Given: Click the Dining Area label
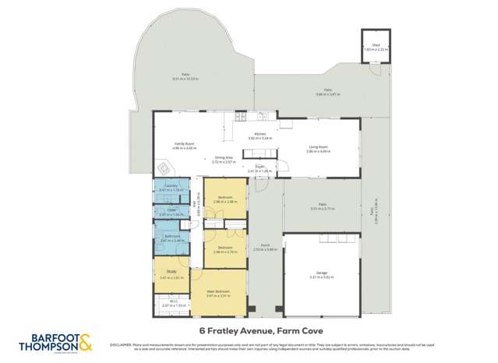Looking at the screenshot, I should point(224,159).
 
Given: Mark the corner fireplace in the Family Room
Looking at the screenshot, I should point(163,167).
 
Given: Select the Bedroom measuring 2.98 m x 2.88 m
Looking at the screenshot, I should point(225,199).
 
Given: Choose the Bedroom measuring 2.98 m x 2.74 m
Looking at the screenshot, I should point(225,249).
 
